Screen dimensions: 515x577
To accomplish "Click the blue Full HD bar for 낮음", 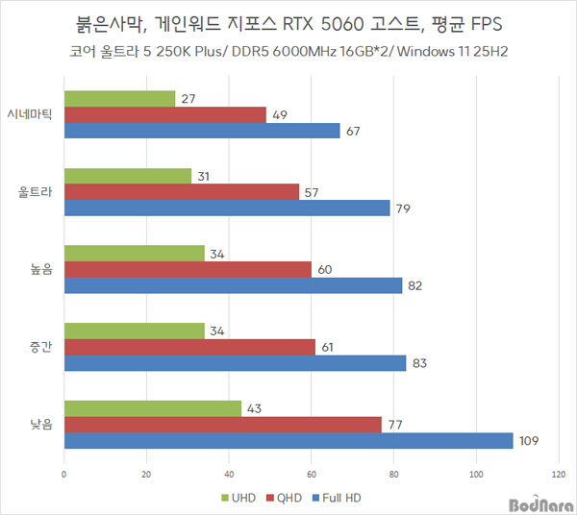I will (x=288, y=441).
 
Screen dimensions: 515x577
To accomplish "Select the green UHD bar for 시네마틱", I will (x=119, y=98).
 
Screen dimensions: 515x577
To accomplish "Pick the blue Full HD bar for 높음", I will (x=233, y=284).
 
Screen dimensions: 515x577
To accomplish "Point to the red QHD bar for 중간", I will (x=189, y=347).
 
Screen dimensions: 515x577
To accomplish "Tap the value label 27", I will (x=188, y=98).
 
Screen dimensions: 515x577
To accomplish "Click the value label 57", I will (x=313, y=191).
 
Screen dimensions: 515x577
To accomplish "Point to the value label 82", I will (x=415, y=284).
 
